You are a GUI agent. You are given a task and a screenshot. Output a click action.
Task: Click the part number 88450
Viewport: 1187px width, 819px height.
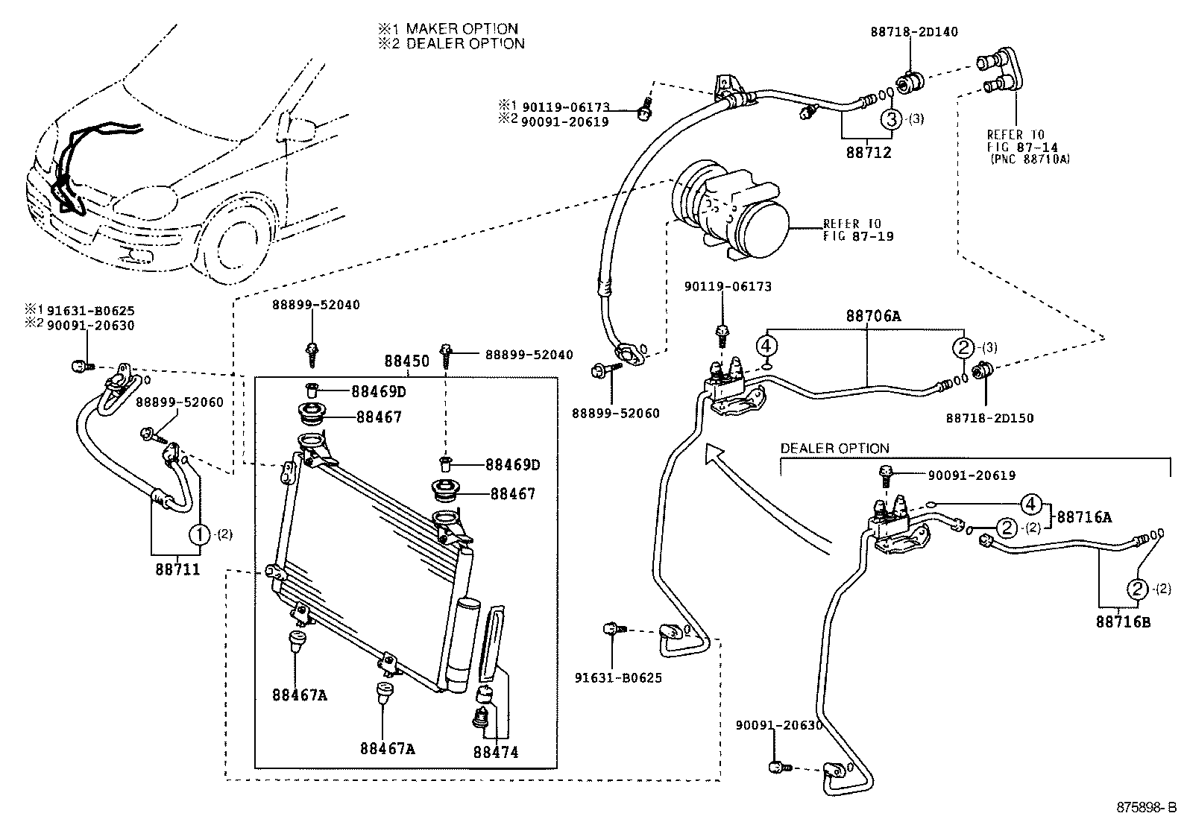407,361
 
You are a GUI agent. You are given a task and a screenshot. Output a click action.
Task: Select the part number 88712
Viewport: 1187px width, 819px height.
869,153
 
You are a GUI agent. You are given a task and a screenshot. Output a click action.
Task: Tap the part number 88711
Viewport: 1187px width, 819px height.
178,569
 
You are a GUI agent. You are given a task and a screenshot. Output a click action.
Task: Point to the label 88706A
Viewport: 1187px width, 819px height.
873,317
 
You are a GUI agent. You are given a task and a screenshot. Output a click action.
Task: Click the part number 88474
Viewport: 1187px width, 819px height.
495,753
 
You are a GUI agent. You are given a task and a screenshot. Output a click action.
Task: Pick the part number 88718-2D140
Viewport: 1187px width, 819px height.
914,32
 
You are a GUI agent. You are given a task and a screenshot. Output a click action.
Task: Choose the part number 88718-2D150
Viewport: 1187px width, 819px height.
990,418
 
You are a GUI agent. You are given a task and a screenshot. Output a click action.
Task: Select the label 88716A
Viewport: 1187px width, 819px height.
1084,516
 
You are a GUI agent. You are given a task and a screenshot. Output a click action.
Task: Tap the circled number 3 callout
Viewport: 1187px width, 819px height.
892,118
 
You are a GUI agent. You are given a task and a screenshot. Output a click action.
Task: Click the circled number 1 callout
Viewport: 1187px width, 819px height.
200,533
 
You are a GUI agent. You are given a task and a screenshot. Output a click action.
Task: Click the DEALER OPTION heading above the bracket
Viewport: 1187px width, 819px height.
834,449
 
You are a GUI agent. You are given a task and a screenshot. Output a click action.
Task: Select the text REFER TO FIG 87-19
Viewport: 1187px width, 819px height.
857,230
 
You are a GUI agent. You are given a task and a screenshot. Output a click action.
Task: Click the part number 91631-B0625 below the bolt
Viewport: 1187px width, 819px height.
618,678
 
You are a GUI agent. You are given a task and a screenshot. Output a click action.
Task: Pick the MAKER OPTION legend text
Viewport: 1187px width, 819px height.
462,29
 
